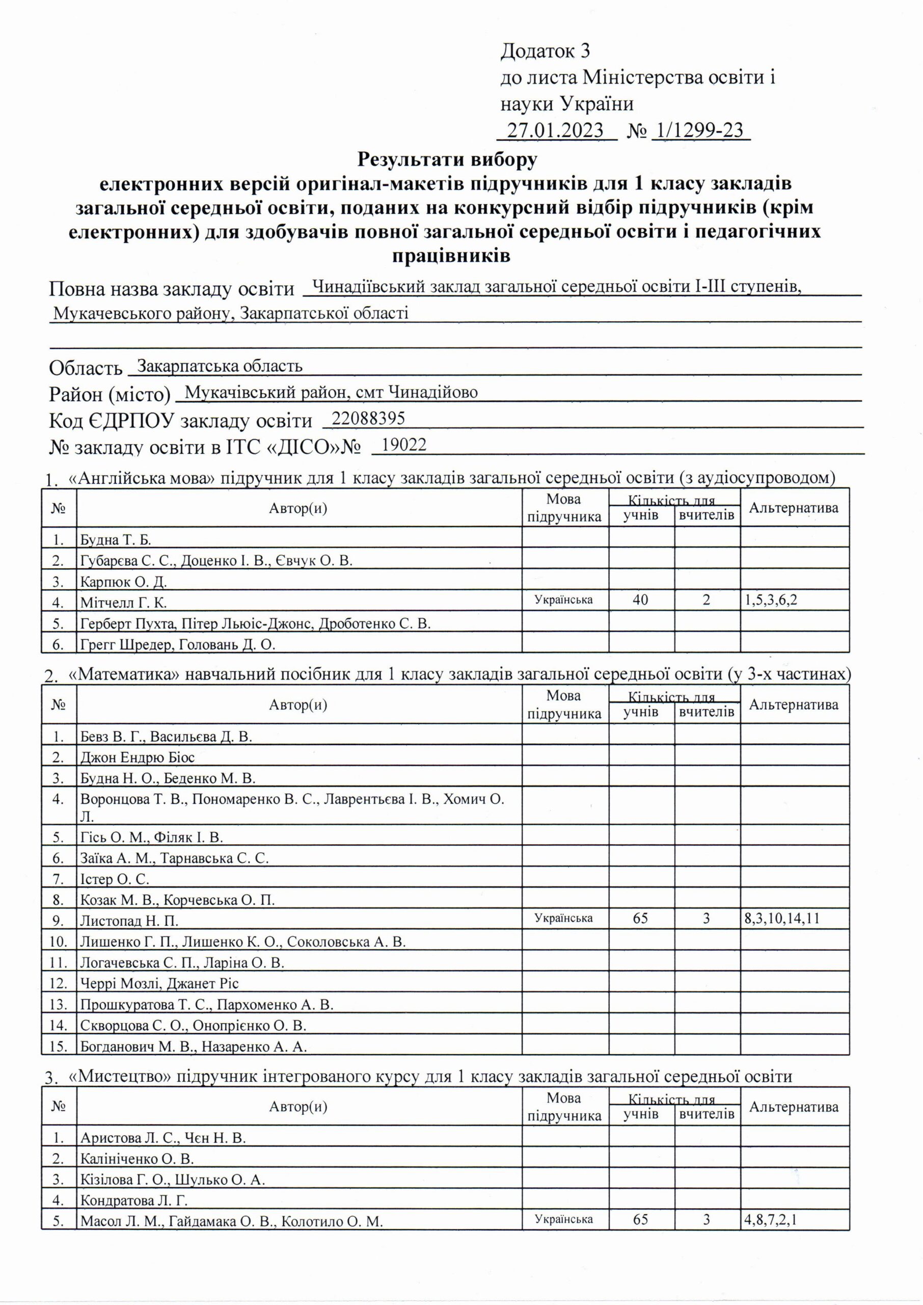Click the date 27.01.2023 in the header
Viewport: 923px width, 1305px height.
coord(555,131)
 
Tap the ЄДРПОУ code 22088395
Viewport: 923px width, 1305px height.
coord(368,419)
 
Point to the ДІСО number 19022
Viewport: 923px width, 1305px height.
coord(404,445)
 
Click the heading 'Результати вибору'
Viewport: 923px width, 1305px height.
coord(447,160)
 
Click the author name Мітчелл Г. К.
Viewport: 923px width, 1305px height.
coord(123,602)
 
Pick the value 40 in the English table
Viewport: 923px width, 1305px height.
coord(640,600)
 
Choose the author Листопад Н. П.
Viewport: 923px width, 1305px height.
coord(129,921)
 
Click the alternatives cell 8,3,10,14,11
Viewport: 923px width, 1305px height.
coord(781,918)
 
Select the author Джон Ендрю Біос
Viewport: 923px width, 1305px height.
coord(138,758)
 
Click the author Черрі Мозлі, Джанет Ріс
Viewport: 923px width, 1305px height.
coord(159,983)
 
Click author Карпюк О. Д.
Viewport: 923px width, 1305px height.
coord(123,582)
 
